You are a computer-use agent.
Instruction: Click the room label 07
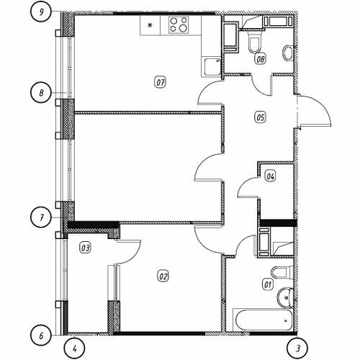click(x=160, y=83)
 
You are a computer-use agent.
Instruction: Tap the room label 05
click(x=261, y=117)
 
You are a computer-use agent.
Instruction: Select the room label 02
click(x=163, y=276)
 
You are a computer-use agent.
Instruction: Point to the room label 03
click(x=85, y=248)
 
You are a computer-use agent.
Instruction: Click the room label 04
click(x=270, y=176)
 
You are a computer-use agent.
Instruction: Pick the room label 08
click(x=261, y=58)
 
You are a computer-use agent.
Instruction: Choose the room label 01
click(x=268, y=284)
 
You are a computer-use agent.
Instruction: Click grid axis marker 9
click(x=41, y=12)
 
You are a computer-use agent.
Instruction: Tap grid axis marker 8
click(x=41, y=93)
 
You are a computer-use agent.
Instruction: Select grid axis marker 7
click(x=41, y=217)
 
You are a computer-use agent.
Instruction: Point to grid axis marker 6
click(x=41, y=336)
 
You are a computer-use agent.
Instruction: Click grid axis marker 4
click(x=74, y=348)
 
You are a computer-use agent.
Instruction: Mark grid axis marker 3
click(x=297, y=348)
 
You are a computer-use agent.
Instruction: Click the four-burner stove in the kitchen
click(x=179, y=25)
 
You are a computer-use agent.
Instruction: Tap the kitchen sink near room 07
click(x=212, y=68)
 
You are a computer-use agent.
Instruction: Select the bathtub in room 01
click(x=263, y=320)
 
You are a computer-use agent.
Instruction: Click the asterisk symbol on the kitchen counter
click(x=150, y=24)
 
